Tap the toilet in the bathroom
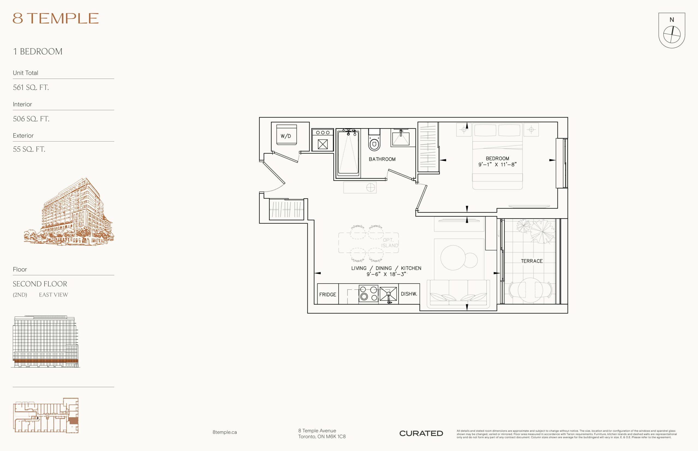pos(374,140)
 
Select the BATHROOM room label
pos(382,159)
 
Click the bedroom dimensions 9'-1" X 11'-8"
pos(497,164)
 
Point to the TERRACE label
pos(531,261)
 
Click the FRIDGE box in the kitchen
pos(328,294)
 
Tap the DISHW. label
pos(409,294)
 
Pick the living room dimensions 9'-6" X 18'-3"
pos(386,275)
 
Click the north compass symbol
pos(672,31)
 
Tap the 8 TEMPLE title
pos(56,19)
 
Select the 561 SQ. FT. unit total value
pos(31,87)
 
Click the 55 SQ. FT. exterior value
pos(29,149)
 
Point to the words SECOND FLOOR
pos(40,284)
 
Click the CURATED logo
pos(421,433)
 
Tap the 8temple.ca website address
pos(225,432)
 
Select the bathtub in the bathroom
pos(348,153)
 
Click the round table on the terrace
pos(530,290)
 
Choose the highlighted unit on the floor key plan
pos(74,421)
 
